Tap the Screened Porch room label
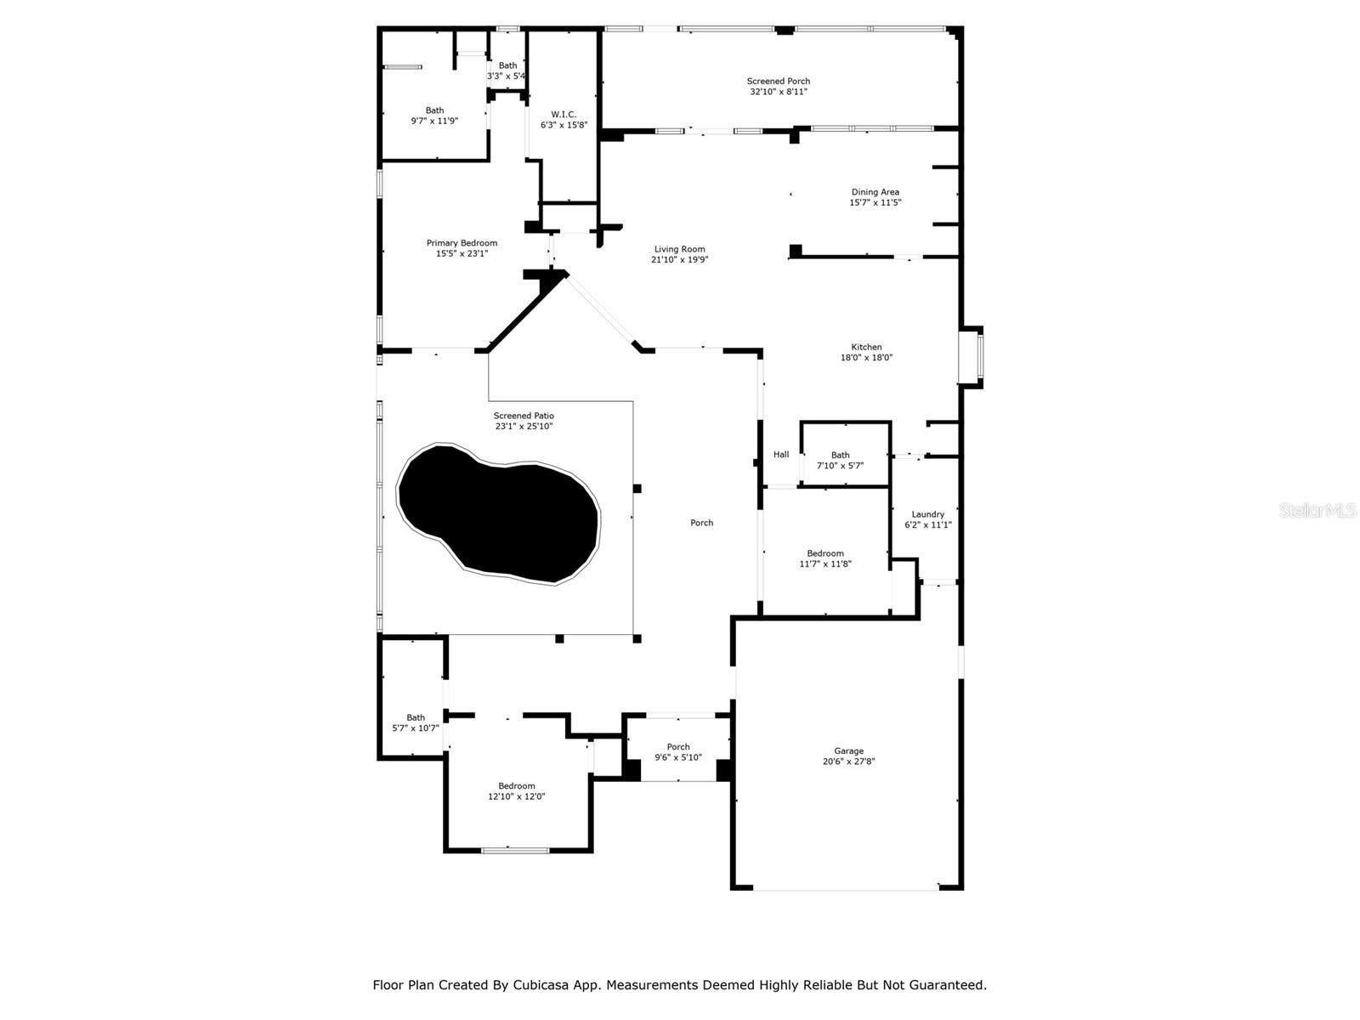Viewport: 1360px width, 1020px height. point(779,82)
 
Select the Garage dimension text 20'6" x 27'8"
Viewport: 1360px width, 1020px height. point(848,762)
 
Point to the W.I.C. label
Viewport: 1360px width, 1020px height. point(564,115)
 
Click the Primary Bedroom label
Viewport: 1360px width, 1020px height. point(462,243)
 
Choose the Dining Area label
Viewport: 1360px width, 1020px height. point(875,192)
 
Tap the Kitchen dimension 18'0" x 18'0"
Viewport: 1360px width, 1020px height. point(866,358)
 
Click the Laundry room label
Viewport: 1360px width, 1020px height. point(927,514)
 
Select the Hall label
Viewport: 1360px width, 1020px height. point(781,455)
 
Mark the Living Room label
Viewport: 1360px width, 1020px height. point(679,250)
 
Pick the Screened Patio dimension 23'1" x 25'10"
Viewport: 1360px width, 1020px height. point(524,427)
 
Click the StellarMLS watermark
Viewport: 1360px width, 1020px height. point(1317,511)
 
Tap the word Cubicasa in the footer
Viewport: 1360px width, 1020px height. point(541,985)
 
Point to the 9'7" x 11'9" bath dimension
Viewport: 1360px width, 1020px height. point(434,121)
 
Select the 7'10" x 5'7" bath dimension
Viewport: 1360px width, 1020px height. point(840,466)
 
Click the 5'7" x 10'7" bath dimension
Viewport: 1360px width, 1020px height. point(416,728)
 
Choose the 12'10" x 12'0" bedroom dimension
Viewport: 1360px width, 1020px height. point(516,796)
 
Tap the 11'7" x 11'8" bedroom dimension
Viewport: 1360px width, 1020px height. point(824,564)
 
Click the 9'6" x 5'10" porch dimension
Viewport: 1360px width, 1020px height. point(677,757)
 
